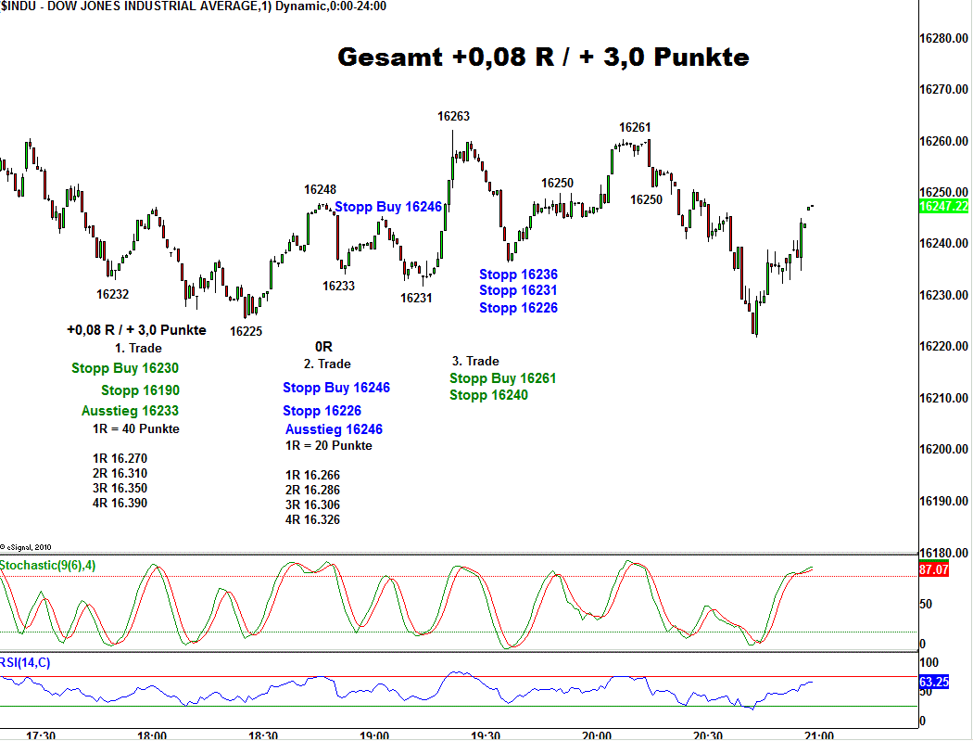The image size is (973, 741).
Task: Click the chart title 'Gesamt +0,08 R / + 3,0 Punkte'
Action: [543, 57]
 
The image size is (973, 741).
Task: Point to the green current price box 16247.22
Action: [943, 206]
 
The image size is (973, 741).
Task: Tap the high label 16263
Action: [454, 117]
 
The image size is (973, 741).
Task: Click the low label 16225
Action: [246, 331]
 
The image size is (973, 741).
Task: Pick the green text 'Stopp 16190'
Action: [140, 390]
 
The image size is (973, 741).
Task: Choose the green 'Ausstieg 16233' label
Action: [130, 411]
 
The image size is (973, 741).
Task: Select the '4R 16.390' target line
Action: [120, 504]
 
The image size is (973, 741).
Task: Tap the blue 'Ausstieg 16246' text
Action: [334, 429]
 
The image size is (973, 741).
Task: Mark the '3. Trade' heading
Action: [475, 361]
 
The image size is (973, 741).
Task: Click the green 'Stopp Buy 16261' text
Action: [502, 378]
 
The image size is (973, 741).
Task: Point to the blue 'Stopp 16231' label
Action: [518, 291]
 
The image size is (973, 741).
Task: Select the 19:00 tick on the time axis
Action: [374, 735]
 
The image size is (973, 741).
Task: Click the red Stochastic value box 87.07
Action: [933, 569]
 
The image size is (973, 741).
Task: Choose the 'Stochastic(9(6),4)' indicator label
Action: [47, 565]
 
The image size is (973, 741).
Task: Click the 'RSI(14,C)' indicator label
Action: [26, 662]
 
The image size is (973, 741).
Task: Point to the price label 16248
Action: [321, 190]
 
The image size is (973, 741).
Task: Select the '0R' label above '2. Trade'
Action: [323, 347]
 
